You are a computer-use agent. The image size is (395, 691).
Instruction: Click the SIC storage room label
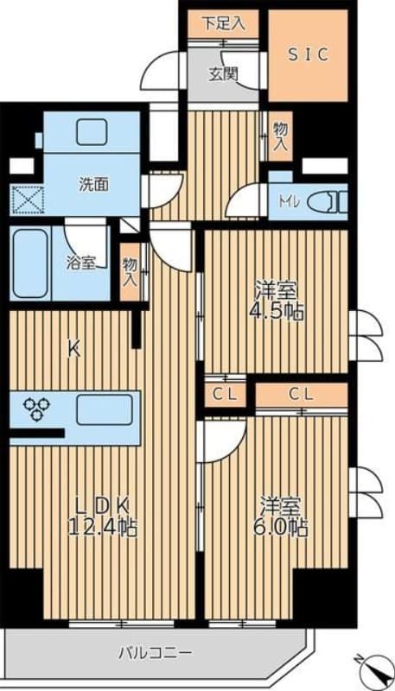[308, 54]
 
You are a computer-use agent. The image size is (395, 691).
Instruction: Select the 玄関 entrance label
[221, 73]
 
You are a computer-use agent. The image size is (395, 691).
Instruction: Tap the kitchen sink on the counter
[104, 409]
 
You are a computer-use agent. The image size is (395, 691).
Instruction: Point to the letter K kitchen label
[75, 350]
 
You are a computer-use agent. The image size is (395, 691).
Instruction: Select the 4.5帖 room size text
[277, 313]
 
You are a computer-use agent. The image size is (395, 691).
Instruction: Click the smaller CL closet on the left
[225, 394]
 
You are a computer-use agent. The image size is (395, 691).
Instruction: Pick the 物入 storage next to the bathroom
[131, 272]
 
